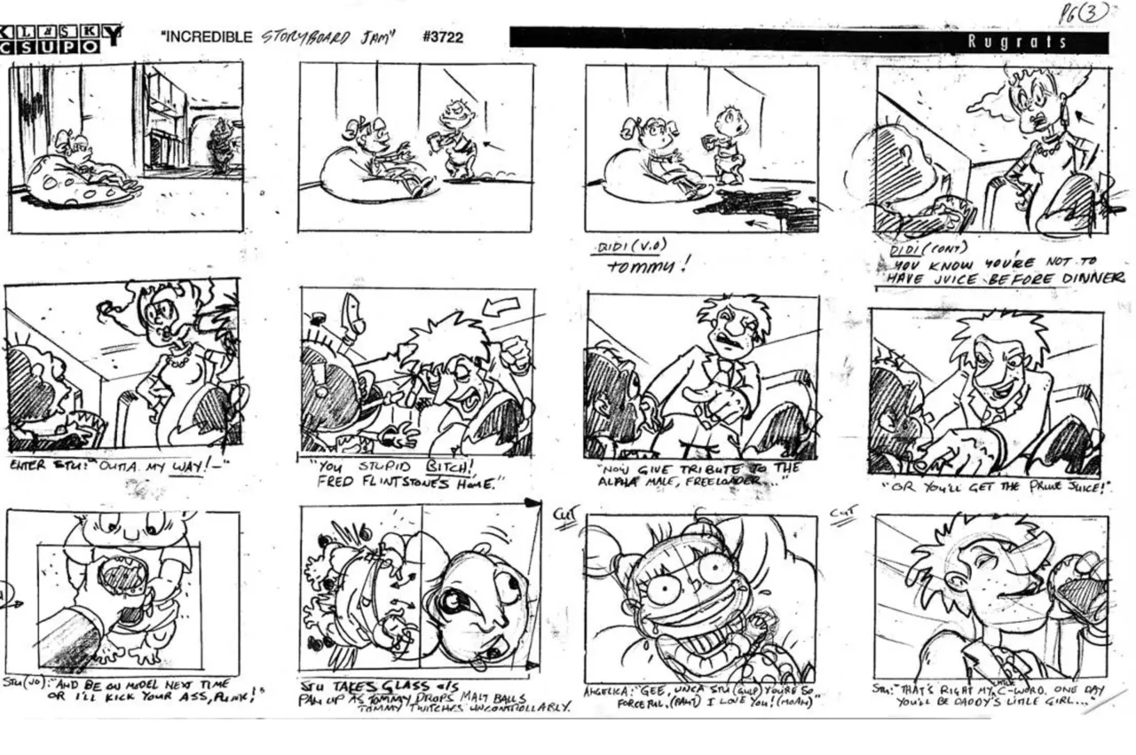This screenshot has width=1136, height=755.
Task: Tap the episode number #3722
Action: tap(443, 37)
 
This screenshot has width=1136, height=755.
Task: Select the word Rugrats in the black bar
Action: tap(1017, 41)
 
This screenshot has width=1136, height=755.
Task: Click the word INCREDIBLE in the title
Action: tap(209, 37)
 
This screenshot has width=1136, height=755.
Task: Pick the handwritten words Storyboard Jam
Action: tap(328, 37)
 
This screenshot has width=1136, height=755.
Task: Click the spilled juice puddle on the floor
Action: tap(754, 206)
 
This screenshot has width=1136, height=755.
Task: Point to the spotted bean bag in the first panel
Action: tap(67, 182)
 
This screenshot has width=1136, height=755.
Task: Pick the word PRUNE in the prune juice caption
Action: tap(1045, 487)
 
